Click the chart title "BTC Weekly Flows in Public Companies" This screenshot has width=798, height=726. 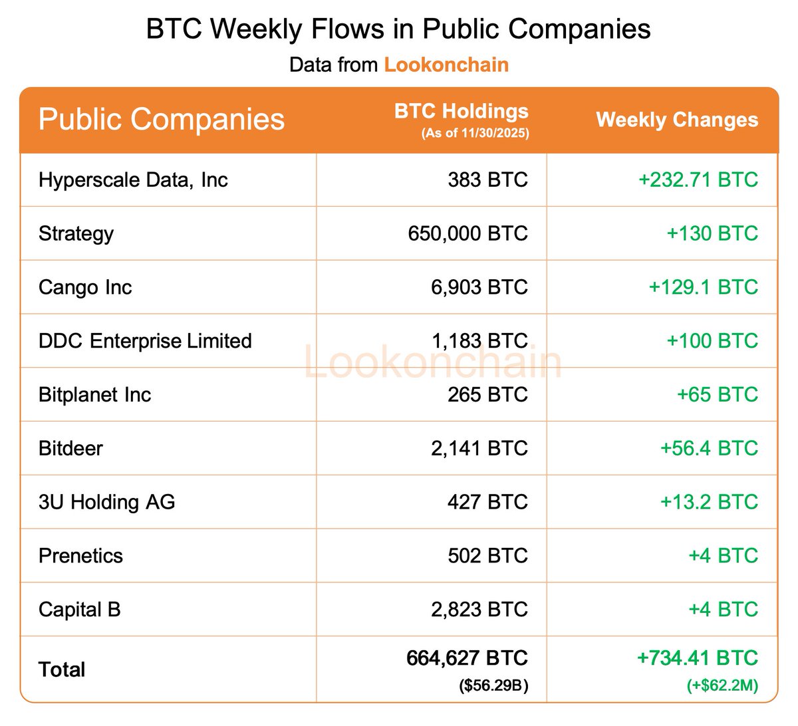point(398,29)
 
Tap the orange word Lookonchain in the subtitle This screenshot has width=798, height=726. point(446,64)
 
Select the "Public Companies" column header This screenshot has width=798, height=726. point(162,119)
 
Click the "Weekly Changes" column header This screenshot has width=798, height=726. point(677,120)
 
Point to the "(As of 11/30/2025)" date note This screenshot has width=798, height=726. point(475,133)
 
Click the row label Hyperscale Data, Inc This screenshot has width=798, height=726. point(133,180)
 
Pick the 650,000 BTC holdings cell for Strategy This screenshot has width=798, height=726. point(467,233)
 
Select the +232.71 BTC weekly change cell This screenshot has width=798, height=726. point(698,180)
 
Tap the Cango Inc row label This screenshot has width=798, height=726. point(85,287)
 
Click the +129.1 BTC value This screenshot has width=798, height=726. point(703,287)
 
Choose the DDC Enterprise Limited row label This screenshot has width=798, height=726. point(145,341)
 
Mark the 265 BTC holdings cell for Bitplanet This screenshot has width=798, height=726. point(487,394)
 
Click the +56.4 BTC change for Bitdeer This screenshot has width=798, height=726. point(709,448)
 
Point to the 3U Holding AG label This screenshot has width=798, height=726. point(106,502)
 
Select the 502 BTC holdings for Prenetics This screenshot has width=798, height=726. point(487,556)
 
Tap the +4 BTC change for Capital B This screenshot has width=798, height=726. point(723,609)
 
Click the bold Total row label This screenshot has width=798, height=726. point(62,669)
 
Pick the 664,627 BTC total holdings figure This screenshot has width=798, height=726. point(467,658)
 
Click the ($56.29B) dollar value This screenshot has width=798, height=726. point(493,685)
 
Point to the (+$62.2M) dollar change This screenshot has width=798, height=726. point(722,685)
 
